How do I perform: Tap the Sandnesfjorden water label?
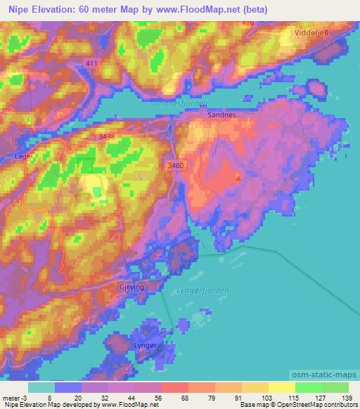pyautogui.click(x=179, y=103)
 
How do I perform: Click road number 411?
pyautogui.click(x=91, y=63)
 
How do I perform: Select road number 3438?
pyautogui.click(x=108, y=135)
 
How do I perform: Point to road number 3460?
pyautogui.click(x=176, y=164)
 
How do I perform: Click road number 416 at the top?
pyautogui.click(x=247, y=23)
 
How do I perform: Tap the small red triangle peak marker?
pyautogui.click(x=238, y=178)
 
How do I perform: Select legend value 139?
pyautogui.click(x=337, y=397)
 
